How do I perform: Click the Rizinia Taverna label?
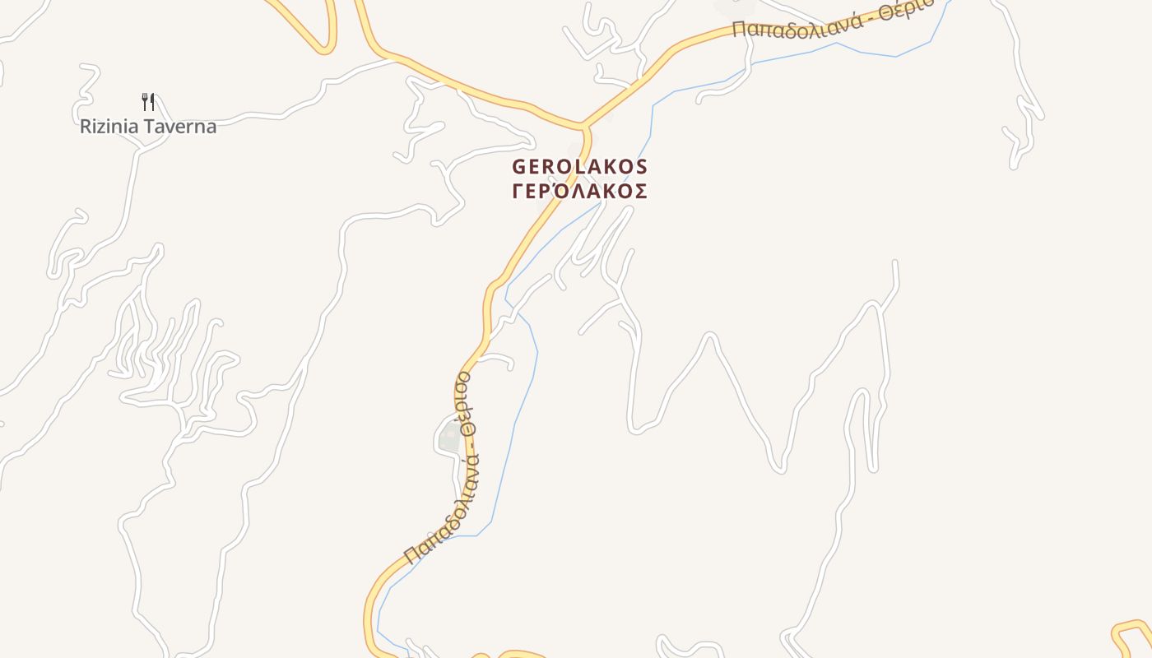coord(148,127)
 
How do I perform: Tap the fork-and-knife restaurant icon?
coord(148,102)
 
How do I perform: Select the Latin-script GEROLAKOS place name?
coord(580,167)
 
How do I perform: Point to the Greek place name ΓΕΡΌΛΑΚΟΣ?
coord(580,192)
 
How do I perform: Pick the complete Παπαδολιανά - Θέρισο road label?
coord(438,470)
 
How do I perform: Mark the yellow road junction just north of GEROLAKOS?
coord(584,127)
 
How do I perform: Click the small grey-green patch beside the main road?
coord(449,437)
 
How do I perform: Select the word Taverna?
coord(185,127)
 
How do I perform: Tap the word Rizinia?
coord(109,127)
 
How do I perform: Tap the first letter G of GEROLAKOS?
coord(518,167)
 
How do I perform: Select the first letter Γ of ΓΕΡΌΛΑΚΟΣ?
coord(518,192)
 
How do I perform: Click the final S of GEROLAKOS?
coord(642,167)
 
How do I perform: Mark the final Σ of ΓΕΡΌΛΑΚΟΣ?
coord(642,192)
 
